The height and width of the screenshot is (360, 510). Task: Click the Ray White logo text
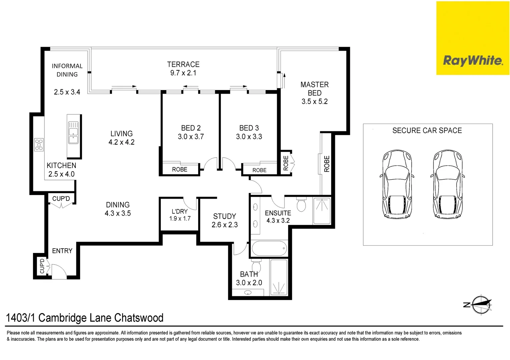(473, 60)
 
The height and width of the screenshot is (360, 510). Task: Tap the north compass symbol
(481, 304)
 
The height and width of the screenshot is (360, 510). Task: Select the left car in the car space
(397, 184)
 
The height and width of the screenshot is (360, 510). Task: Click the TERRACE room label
(183, 64)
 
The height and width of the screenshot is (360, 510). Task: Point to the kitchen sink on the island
(73, 133)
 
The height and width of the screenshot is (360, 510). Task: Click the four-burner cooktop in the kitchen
(39, 145)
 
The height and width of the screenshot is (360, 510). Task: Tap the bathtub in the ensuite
(269, 248)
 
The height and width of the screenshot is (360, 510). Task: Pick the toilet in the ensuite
(301, 205)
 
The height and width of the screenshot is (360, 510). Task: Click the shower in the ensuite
(322, 211)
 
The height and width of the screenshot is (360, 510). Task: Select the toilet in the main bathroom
(256, 266)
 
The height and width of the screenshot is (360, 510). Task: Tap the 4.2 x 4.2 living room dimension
(121, 142)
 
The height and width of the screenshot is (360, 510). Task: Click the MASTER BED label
(315, 89)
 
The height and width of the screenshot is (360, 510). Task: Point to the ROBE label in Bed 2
(179, 169)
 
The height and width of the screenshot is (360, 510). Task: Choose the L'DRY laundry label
(179, 211)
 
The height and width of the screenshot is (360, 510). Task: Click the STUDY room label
(224, 216)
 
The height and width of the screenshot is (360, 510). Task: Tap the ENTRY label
(62, 251)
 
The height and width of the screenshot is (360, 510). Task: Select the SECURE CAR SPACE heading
(427, 131)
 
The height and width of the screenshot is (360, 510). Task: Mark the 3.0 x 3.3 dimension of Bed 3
(249, 137)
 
